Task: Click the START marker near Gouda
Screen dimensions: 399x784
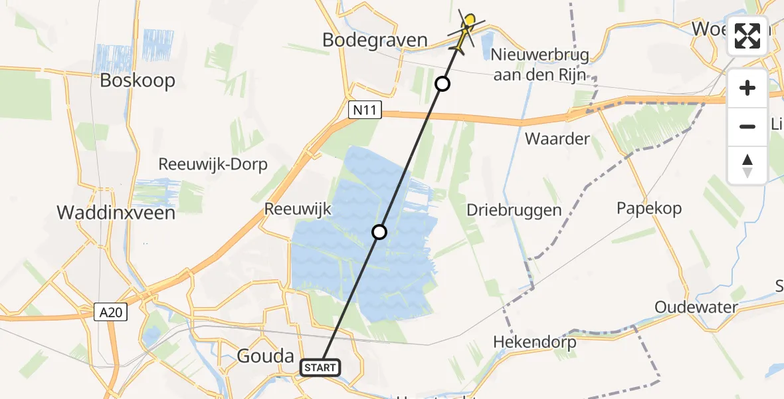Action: (321, 367)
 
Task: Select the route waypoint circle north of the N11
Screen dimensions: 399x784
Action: (442, 84)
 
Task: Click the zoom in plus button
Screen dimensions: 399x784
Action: (747, 88)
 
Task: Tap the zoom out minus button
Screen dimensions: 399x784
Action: (747, 126)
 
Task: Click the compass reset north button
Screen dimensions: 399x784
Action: (747, 165)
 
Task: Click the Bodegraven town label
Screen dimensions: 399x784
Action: (375, 40)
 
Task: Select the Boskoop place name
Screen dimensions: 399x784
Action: (138, 80)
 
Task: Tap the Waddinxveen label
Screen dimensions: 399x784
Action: (116, 213)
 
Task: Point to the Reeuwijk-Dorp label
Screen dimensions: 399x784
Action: (213, 164)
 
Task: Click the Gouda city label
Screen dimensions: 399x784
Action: (265, 356)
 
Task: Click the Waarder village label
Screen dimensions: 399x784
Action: (557, 139)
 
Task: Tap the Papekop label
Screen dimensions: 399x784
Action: (649, 208)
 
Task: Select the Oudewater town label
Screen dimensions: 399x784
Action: (696, 307)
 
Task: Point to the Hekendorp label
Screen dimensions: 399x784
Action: (534, 343)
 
